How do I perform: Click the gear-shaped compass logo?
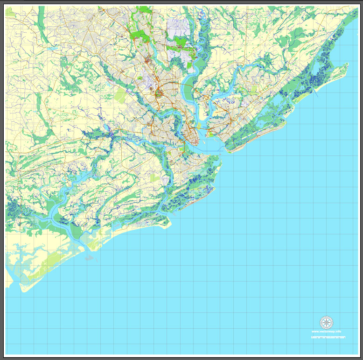click(x=327, y=322)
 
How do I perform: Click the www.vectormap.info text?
click(x=327, y=332)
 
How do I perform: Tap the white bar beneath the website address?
click(x=328, y=337)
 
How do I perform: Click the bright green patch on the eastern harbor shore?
click(x=210, y=134)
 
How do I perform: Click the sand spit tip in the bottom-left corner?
click(x=23, y=290)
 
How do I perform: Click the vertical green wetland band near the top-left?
click(x=41, y=23)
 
